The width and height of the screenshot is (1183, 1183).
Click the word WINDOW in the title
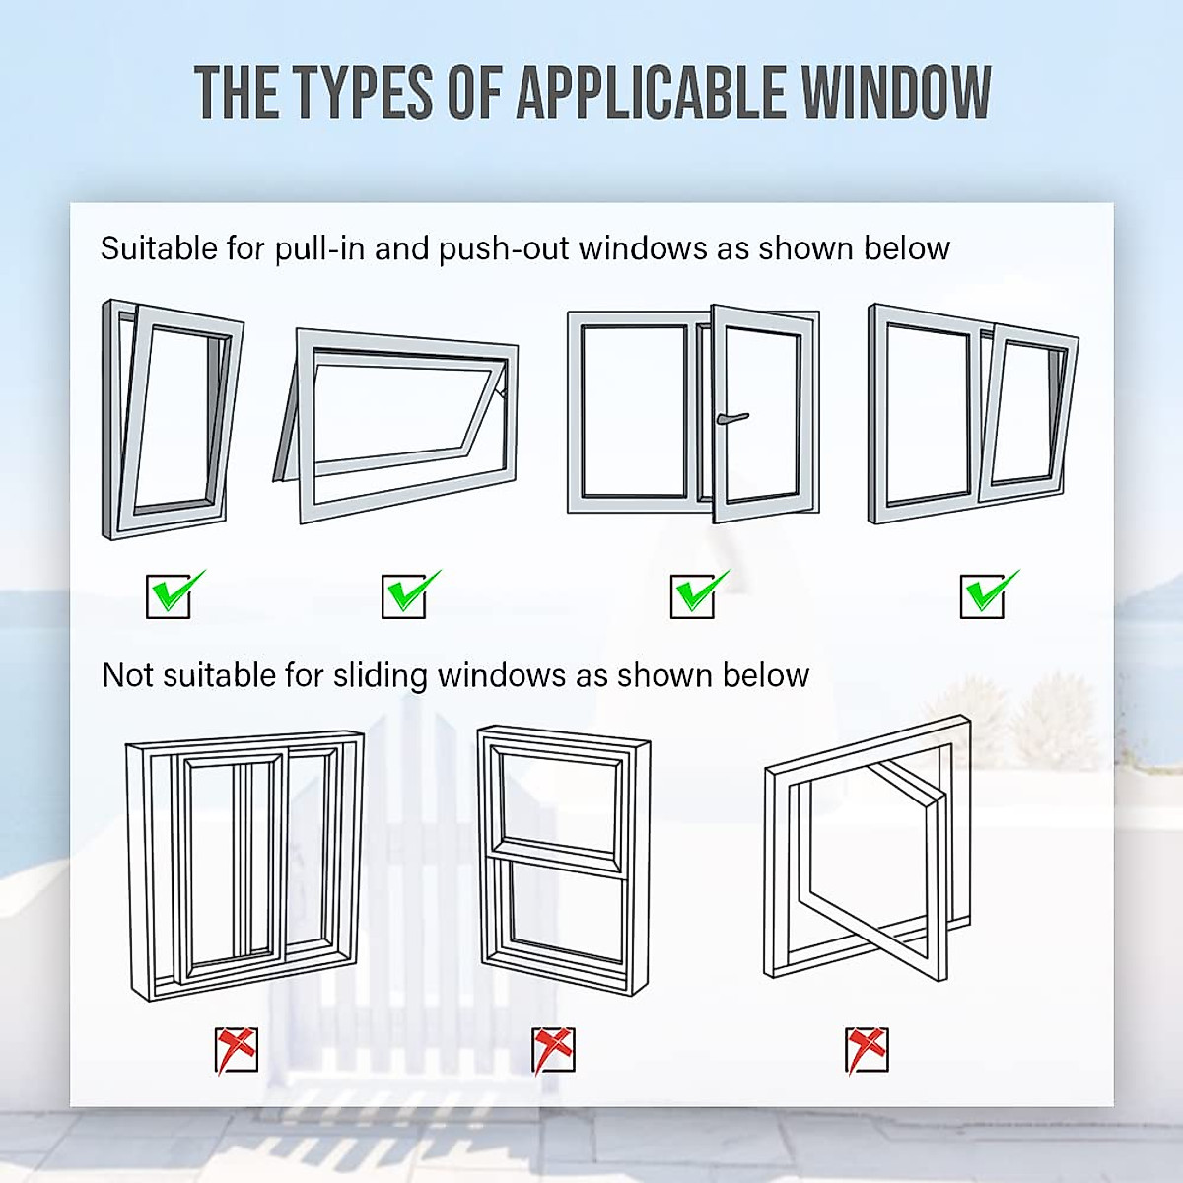pyautogui.click(x=895, y=93)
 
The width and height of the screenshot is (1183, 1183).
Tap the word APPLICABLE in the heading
pyautogui.click(x=651, y=93)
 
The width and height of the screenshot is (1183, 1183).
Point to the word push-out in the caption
pyautogui.click(x=505, y=248)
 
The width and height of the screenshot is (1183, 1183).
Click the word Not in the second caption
pyautogui.click(x=127, y=675)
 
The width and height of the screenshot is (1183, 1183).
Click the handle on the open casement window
pyautogui.click(x=731, y=419)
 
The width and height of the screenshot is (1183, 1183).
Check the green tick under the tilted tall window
pyautogui.click(x=173, y=593)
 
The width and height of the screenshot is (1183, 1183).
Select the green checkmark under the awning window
pyautogui.click(x=408, y=593)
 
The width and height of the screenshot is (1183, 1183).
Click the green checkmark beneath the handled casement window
pyautogui.click(x=696, y=593)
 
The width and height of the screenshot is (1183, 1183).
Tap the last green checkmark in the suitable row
pyautogui.click(x=986, y=593)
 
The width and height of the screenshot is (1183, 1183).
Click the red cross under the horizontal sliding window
pyautogui.click(x=237, y=1050)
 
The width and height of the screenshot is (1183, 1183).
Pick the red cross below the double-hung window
pyautogui.click(x=553, y=1050)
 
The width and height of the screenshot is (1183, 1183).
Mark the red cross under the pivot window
pyautogui.click(x=867, y=1050)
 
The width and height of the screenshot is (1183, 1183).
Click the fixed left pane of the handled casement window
pyautogui.click(x=633, y=411)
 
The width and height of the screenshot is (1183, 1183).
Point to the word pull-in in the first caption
pyautogui.click(x=319, y=248)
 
